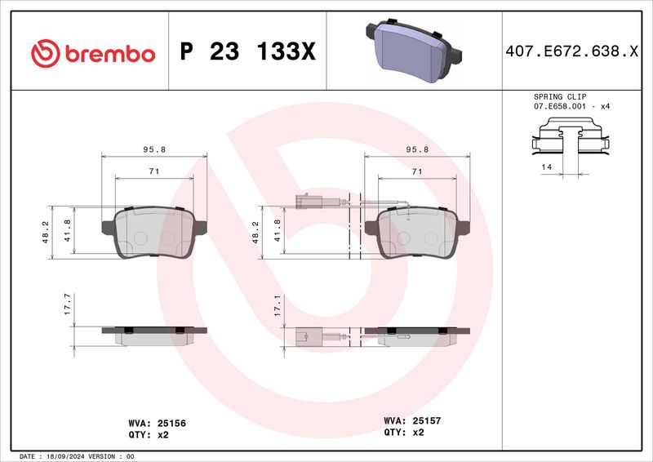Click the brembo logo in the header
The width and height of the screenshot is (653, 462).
coord(92,53)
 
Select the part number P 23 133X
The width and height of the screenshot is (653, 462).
coord(247,53)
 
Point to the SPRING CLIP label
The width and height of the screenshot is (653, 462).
coord(560,96)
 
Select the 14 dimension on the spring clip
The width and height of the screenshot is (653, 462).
coord(546,167)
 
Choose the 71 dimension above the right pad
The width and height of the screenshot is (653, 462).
coord(416,171)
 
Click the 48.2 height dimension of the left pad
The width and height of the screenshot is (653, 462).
coord(46,233)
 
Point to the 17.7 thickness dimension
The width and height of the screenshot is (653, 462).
coord(68,306)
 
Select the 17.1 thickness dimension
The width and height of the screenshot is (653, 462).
coord(278,306)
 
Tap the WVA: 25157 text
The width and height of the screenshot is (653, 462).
coord(412,420)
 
